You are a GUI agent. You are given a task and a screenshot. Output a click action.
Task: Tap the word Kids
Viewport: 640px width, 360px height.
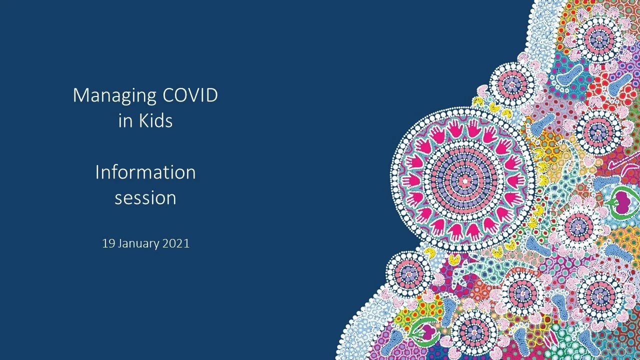(155, 121)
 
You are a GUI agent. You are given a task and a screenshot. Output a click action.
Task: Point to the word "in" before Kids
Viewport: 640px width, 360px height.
(123, 121)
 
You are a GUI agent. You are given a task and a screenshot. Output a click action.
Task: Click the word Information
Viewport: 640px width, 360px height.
(145, 172)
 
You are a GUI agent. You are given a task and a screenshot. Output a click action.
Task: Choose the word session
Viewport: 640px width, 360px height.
(145, 198)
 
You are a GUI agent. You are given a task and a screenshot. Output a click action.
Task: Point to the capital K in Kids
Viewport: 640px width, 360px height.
(142, 121)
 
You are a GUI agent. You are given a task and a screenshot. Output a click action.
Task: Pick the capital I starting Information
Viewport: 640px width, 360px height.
(97, 172)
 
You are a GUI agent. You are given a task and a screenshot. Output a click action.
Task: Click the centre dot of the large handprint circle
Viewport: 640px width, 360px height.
(464, 179)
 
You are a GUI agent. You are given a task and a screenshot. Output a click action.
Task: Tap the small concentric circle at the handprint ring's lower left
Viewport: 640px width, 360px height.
(409, 273)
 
